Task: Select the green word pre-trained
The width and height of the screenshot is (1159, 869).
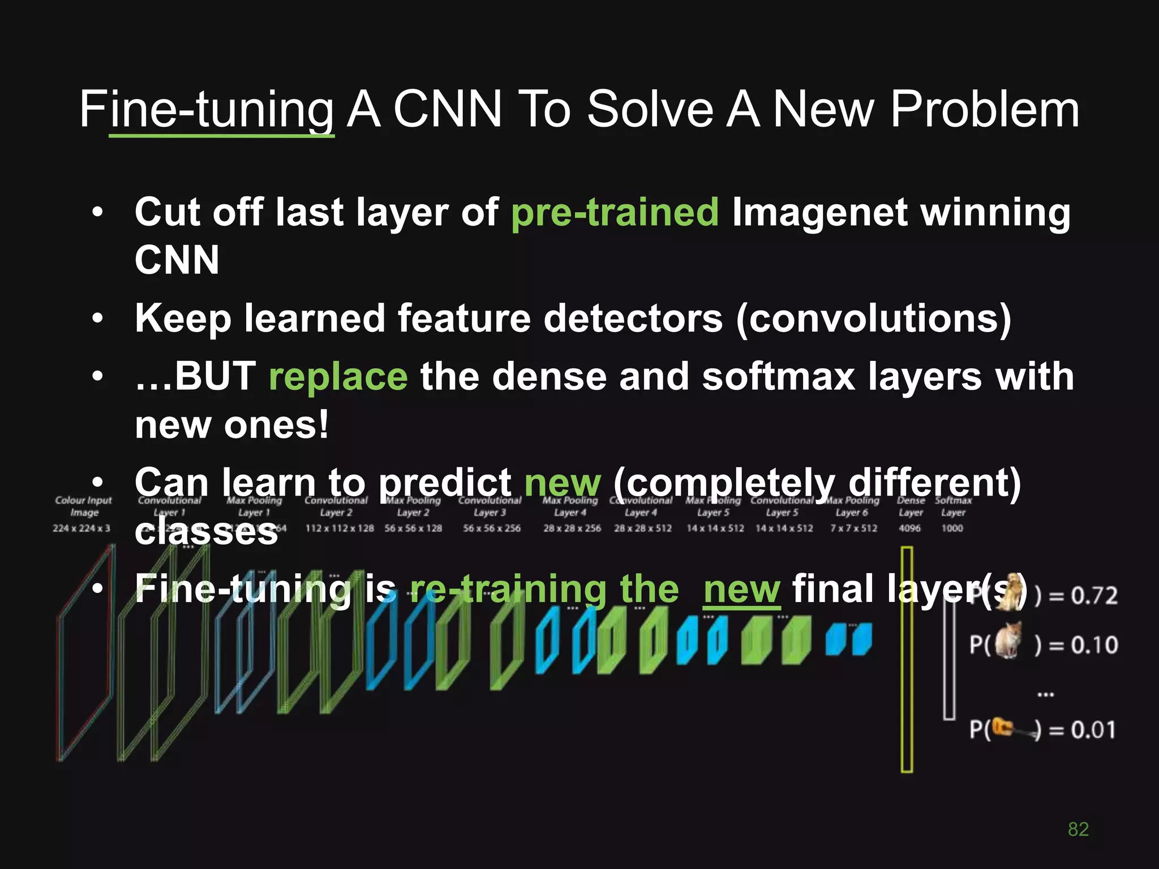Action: point(615,212)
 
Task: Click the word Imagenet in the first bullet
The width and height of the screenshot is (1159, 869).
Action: point(819,212)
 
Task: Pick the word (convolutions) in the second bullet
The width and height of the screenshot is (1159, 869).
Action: point(873,318)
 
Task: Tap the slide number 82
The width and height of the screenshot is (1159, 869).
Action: point(1078,829)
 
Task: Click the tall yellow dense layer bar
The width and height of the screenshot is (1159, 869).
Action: point(907,659)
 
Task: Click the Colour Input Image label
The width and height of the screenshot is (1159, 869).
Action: point(84,506)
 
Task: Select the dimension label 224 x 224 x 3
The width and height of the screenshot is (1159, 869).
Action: point(81,528)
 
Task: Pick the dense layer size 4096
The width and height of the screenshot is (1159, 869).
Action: point(909,528)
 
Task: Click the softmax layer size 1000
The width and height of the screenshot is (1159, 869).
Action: point(952,528)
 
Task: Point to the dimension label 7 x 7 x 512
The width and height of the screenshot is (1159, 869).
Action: point(853,528)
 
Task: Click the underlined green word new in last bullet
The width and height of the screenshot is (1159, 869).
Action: point(742,589)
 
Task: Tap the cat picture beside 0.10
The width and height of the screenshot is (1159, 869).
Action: point(1008,640)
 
